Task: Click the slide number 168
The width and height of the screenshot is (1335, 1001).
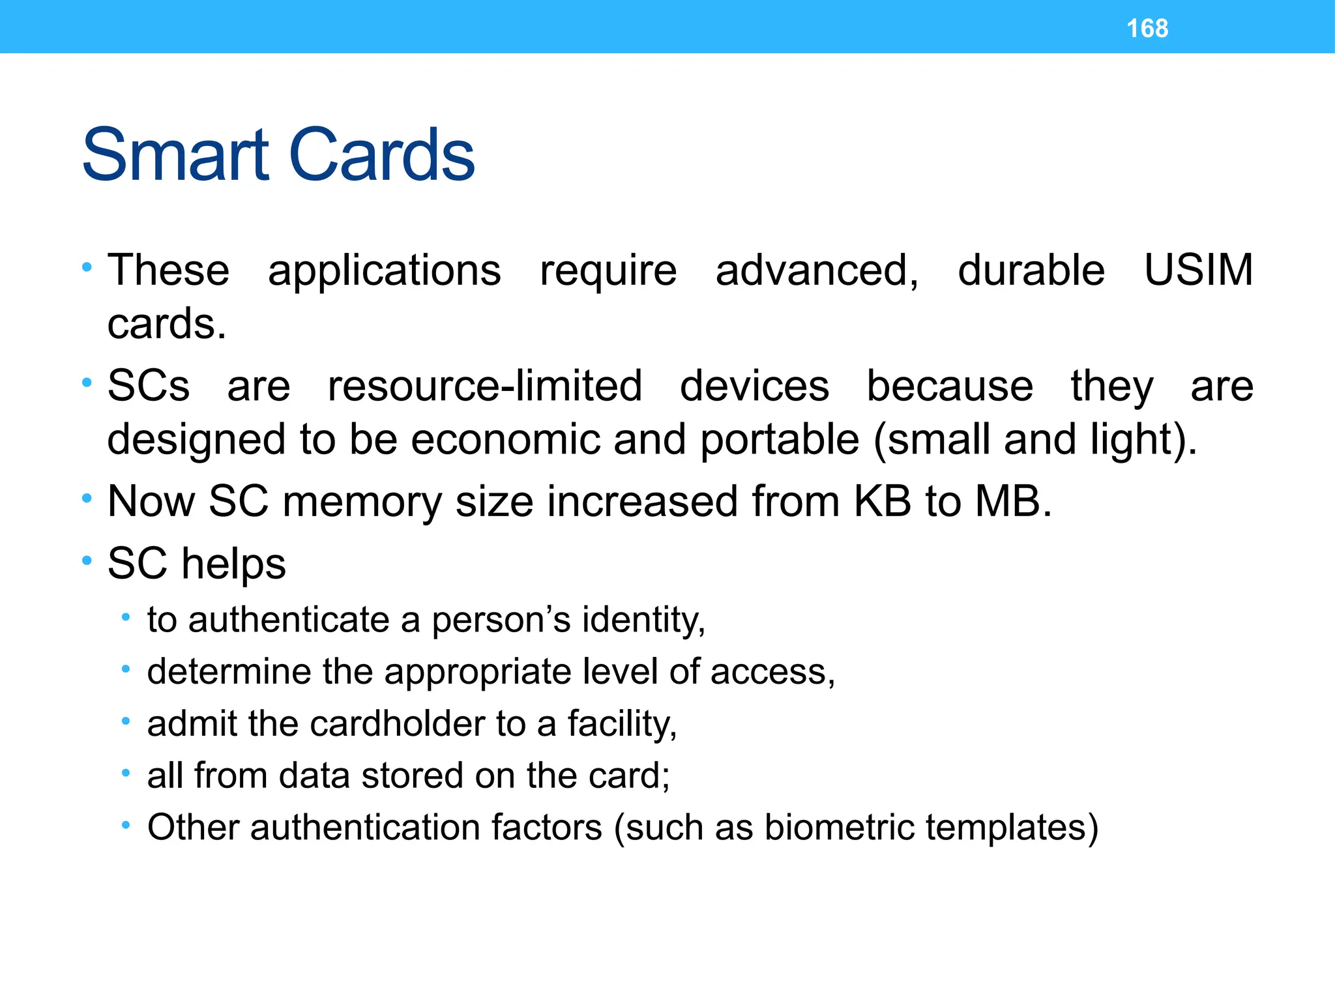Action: click(x=1147, y=29)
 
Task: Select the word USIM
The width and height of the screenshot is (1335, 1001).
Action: click(x=1198, y=270)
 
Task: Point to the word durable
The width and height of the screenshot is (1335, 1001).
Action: click(x=1031, y=270)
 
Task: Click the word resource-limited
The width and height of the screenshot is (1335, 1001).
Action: click(x=484, y=386)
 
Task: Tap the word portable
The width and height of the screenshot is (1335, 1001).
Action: click(x=780, y=441)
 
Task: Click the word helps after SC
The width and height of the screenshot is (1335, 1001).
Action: click(x=233, y=564)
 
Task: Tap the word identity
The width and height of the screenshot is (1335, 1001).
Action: click(x=643, y=620)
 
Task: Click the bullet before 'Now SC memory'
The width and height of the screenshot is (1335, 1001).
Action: click(x=87, y=499)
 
